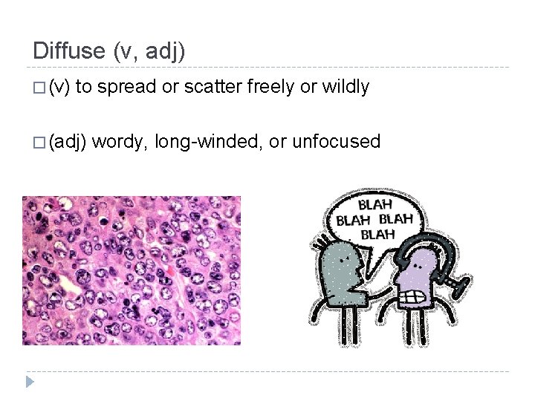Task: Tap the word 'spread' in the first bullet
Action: tap(126, 87)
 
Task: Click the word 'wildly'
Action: tap(345, 87)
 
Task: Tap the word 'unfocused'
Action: tap(337, 141)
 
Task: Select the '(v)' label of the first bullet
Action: tap(59, 88)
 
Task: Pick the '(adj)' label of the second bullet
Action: tap(68, 142)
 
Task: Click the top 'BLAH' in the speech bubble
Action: tap(375, 203)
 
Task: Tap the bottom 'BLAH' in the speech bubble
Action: tap(377, 234)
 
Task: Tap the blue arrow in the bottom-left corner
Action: tap(30, 382)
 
